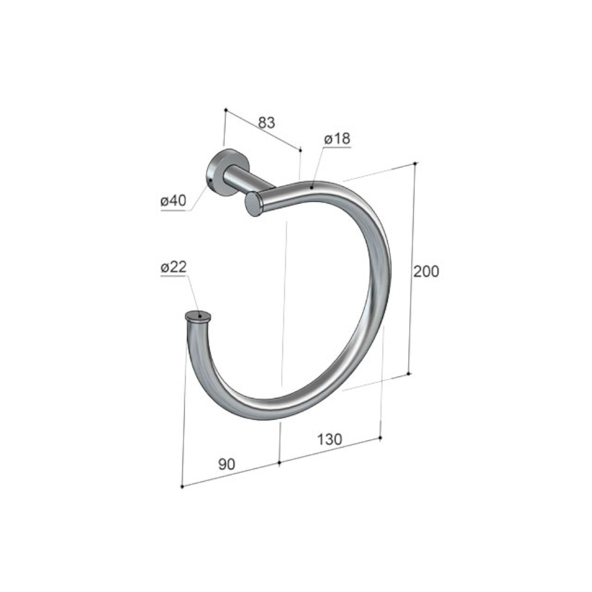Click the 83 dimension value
click(x=267, y=123)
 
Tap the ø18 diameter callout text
click(x=337, y=139)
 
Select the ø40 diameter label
click(x=173, y=201)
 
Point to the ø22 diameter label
click(x=173, y=268)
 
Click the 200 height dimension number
click(x=426, y=272)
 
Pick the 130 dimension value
click(x=330, y=439)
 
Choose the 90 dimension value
click(x=227, y=464)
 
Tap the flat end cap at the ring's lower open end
click(x=198, y=316)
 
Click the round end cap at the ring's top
click(x=253, y=204)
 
